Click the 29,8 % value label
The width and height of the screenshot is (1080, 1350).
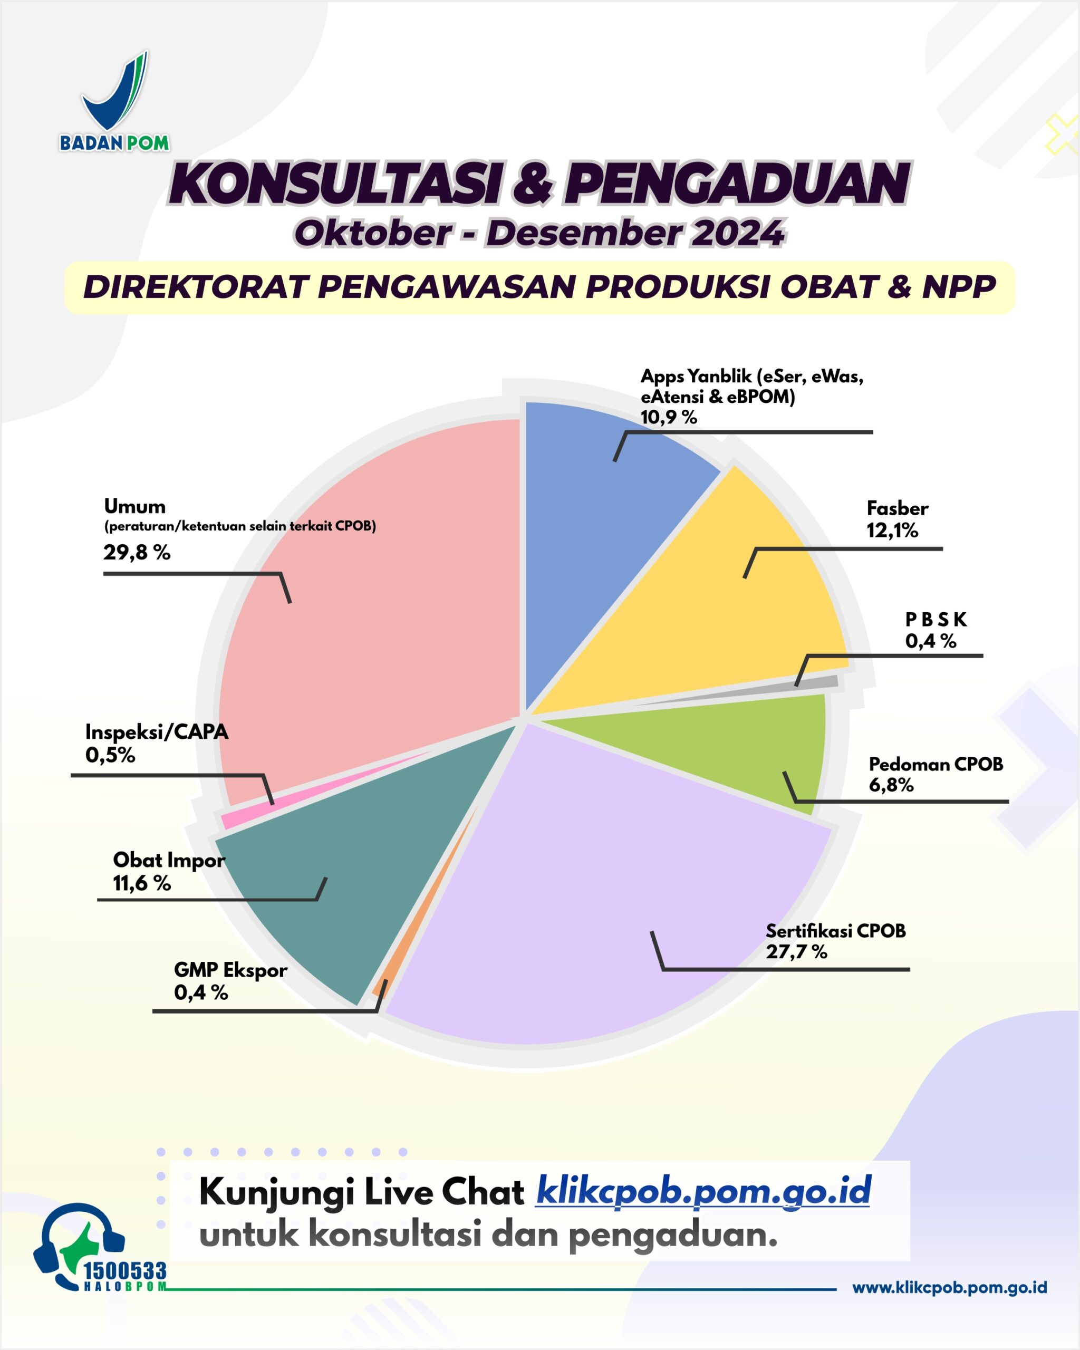[x=137, y=552]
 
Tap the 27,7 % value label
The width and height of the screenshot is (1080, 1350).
[x=796, y=952]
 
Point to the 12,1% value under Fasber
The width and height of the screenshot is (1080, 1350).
[x=892, y=531]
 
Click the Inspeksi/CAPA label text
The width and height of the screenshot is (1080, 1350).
[x=157, y=732]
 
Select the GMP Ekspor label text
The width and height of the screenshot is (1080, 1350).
[x=230, y=970]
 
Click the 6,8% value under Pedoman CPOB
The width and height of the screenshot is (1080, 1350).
[x=890, y=785]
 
